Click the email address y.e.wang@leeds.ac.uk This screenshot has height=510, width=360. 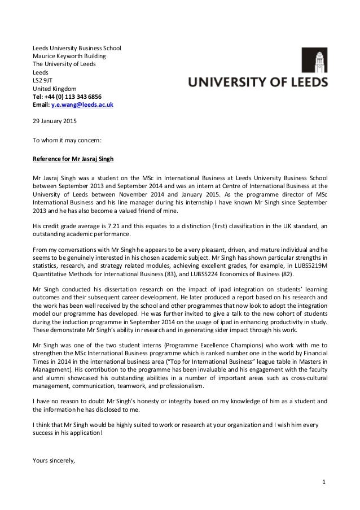82,105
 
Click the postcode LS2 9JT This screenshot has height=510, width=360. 41,81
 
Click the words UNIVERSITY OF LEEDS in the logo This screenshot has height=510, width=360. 257,82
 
